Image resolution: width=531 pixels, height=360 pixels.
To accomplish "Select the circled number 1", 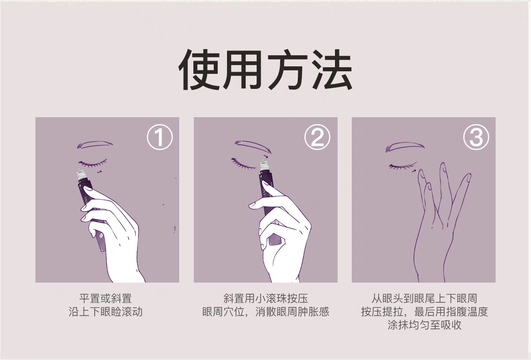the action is click(x=160, y=137).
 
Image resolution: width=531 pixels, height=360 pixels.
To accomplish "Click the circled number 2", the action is click(x=317, y=137).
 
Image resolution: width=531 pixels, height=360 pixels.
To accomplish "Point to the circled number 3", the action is click(x=476, y=137).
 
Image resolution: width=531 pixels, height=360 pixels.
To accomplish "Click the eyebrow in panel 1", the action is click(x=94, y=145).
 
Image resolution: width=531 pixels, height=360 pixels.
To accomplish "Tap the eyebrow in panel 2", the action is click(x=253, y=146).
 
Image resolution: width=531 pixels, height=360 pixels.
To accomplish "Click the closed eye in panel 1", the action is click(x=93, y=164).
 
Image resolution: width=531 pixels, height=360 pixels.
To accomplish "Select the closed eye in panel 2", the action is click(x=244, y=164).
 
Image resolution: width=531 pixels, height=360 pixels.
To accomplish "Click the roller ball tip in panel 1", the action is click(x=80, y=172).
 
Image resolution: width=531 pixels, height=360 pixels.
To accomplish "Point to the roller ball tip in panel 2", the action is click(x=263, y=163).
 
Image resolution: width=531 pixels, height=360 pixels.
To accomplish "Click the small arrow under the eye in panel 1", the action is click(x=100, y=171).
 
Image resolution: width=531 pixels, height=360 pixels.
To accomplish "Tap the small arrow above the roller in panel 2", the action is click(x=266, y=156).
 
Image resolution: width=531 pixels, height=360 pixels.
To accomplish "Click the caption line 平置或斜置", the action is click(x=105, y=299).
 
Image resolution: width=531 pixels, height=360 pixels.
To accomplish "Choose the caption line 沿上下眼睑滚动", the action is click(x=105, y=312).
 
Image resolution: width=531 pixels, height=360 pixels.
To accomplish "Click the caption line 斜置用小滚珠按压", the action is click(x=266, y=299).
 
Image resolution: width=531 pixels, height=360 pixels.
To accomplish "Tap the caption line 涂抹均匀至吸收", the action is click(x=424, y=325).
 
